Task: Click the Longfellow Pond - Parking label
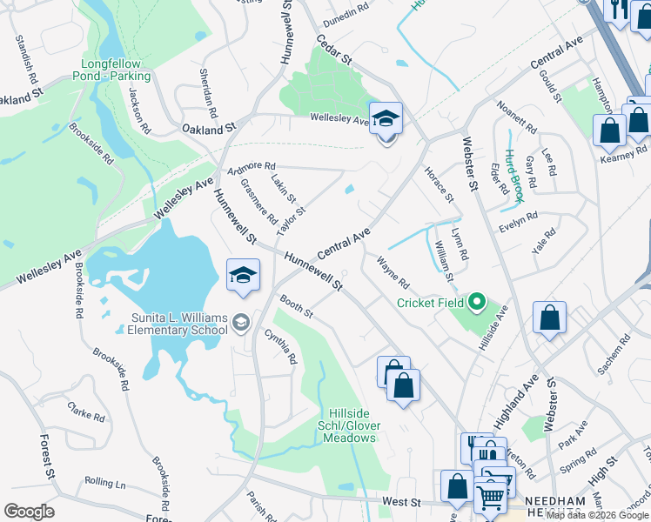pos(116,70)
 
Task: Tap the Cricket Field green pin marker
pos(476,303)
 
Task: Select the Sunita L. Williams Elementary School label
pos(177,324)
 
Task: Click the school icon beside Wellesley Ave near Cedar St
pos(386,119)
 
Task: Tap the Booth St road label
pos(296,305)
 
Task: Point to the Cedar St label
pos(333,51)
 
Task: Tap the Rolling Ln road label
pos(105,482)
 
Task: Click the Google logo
pos(29,512)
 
